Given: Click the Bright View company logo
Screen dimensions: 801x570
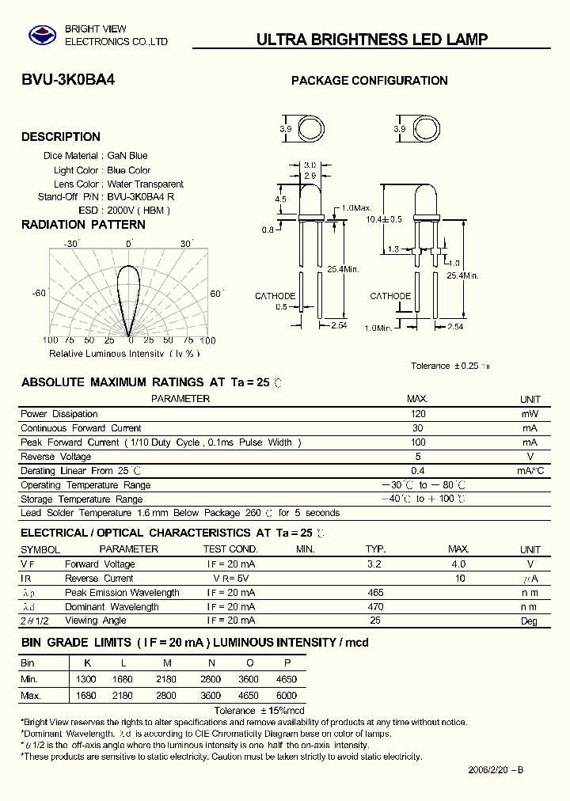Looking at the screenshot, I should tap(37, 35).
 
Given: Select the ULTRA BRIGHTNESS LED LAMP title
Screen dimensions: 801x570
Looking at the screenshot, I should tap(372, 40).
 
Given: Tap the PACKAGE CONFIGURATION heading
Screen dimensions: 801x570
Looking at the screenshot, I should tap(370, 81).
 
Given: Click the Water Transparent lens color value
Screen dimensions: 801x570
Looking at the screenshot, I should tap(145, 184).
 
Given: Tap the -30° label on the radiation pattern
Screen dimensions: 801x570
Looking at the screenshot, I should tap(72, 245).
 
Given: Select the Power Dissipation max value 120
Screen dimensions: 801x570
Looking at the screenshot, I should tap(418, 414).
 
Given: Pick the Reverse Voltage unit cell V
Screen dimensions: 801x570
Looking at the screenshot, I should tap(530, 457).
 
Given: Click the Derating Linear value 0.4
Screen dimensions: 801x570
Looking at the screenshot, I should tap(418, 471).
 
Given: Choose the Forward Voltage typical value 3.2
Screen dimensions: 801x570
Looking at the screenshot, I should tap(374, 564).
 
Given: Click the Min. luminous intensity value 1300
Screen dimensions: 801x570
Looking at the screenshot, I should tap(86, 679).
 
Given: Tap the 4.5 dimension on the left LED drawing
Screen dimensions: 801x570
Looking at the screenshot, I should tap(281, 200).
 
